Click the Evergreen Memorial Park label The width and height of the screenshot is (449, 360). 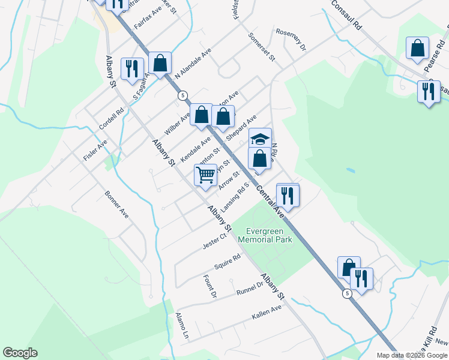tap(265, 235)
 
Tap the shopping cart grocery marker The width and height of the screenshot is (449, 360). tap(205, 176)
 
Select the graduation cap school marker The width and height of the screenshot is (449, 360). tap(260, 140)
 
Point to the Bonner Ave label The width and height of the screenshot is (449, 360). tap(116, 205)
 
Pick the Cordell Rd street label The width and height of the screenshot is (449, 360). tap(111, 119)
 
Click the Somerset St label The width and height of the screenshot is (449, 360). tap(262, 47)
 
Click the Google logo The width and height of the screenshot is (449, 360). tap(20, 353)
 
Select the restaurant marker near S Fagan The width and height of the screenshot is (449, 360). tap(132, 68)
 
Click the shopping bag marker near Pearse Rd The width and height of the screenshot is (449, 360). tap(417, 49)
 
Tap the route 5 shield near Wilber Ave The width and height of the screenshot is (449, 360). tap(182, 95)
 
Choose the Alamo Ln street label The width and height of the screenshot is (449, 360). tap(182, 326)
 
